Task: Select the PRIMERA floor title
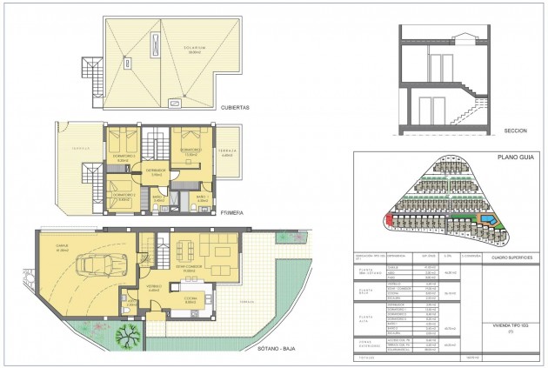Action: (x=231, y=211)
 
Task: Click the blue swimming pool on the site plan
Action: (x=492, y=224)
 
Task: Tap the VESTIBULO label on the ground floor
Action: (x=152, y=285)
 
